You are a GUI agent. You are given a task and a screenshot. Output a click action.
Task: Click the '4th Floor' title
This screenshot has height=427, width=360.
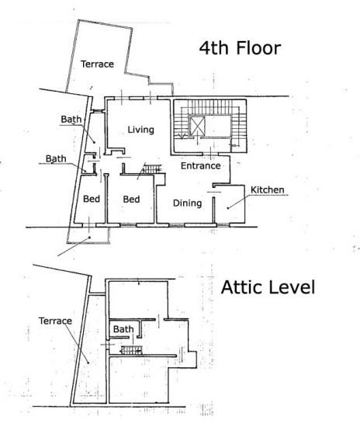[x=240, y=48]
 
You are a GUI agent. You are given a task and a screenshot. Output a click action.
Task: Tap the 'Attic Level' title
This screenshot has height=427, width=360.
[x=268, y=287]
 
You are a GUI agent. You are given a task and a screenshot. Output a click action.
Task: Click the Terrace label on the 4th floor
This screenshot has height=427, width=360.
[x=97, y=64]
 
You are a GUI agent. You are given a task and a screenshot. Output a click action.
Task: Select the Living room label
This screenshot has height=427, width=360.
[x=140, y=130]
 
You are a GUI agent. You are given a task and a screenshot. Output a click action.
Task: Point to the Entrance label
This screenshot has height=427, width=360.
[x=200, y=165]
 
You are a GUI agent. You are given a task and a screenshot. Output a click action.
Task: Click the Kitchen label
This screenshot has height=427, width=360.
[x=267, y=189]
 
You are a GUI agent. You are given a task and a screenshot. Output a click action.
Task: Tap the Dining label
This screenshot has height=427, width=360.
[x=187, y=203]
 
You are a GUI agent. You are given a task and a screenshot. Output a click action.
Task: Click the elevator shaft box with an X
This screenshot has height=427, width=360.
[x=197, y=126]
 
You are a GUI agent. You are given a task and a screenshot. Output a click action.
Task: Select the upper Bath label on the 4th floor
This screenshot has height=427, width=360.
[x=71, y=120]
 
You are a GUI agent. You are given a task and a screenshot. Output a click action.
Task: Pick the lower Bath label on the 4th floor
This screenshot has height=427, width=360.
[x=56, y=158]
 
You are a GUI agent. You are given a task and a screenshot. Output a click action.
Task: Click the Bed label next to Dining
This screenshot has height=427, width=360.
[x=131, y=199]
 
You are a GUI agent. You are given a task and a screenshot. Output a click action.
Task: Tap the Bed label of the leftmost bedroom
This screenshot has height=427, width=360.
[x=92, y=199]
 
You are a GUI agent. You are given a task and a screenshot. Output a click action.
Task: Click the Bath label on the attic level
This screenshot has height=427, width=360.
[x=123, y=329]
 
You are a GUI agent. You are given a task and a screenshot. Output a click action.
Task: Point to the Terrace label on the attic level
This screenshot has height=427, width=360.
[x=55, y=321]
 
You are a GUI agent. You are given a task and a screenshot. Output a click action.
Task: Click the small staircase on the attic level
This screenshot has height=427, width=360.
[x=132, y=350]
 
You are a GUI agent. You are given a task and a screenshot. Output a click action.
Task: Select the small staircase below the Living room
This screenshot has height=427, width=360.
[x=152, y=168]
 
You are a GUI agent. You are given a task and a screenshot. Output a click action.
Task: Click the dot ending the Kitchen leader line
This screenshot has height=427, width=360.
[x=228, y=208]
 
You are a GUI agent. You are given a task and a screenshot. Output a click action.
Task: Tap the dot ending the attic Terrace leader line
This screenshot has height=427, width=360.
[x=88, y=363]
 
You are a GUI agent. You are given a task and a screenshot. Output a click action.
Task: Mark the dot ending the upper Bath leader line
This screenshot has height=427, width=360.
[x=95, y=142]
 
